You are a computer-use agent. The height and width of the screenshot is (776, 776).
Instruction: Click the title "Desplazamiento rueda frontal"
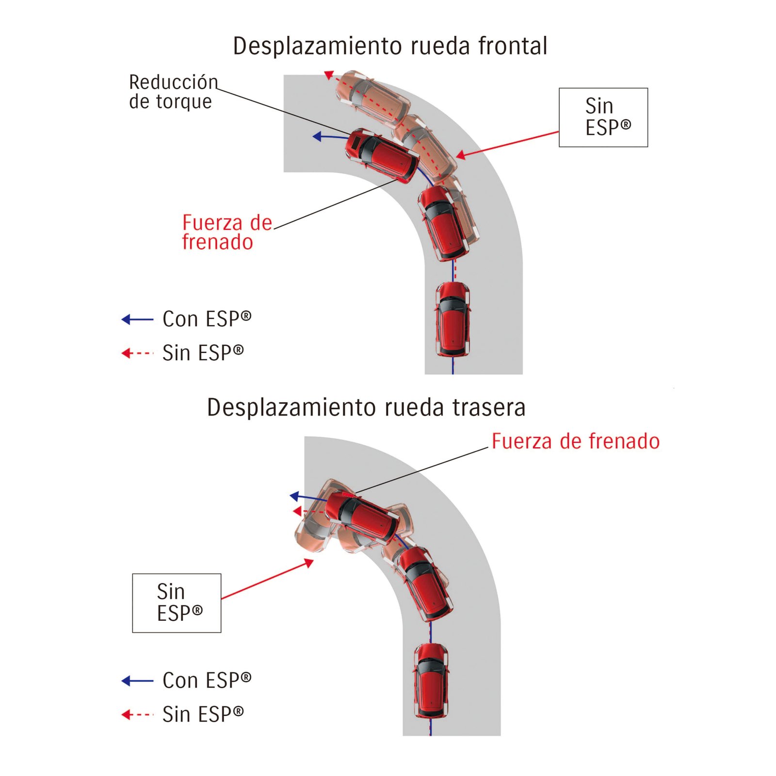[x=390, y=47]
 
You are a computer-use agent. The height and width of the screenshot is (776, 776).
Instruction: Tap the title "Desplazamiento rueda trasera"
[x=366, y=407]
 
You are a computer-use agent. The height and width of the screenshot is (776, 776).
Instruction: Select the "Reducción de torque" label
[x=173, y=92]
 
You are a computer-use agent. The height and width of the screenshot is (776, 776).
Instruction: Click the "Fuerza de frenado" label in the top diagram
[x=226, y=232]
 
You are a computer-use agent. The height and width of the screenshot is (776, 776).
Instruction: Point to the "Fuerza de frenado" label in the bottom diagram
[x=575, y=441]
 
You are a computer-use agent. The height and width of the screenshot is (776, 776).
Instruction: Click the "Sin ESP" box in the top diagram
[x=603, y=117]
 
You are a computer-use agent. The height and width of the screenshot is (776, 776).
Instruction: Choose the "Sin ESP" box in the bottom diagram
[x=177, y=603]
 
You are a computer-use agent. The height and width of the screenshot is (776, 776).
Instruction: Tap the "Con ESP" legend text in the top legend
[x=207, y=319]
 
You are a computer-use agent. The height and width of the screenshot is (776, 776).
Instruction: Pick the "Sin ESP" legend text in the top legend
[x=203, y=353]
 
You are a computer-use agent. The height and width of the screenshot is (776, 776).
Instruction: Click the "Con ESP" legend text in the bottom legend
[x=207, y=680]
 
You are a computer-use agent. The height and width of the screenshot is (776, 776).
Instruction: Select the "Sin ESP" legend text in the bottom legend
[x=203, y=714]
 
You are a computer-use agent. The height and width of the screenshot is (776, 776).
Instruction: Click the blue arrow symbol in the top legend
[x=137, y=319]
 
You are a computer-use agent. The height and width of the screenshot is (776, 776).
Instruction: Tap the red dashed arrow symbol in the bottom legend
[x=137, y=714]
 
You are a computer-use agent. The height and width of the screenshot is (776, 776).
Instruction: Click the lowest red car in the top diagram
[x=453, y=319]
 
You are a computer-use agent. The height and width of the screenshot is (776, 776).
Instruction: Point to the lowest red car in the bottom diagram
[x=431, y=680]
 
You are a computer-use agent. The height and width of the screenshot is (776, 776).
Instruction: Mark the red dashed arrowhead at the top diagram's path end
[x=329, y=75]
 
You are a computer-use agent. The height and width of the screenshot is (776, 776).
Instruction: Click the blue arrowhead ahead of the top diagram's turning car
[x=318, y=137]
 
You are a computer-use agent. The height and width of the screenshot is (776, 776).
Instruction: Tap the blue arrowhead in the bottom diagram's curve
[x=294, y=496]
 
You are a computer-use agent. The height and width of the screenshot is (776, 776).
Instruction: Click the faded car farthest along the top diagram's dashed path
[x=372, y=94]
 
